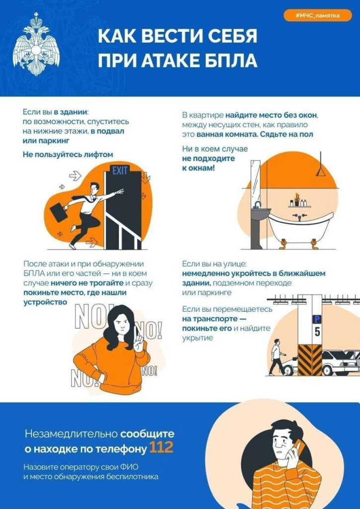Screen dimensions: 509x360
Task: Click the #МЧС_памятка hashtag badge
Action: (318, 16)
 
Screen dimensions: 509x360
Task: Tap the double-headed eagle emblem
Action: (36, 46)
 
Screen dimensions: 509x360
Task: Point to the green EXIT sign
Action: (120, 171)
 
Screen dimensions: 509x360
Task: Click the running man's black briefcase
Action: (58, 212)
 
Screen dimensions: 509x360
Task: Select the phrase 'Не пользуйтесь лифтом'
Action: (68, 154)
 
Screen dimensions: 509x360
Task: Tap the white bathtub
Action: (299, 226)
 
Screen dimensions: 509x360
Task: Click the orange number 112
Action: (161, 448)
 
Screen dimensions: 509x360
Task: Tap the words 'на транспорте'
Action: (203, 319)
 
